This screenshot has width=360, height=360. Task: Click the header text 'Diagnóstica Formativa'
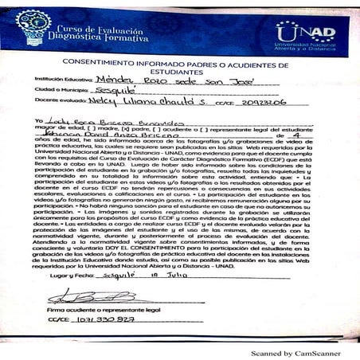pyautogui.click(x=102, y=36)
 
